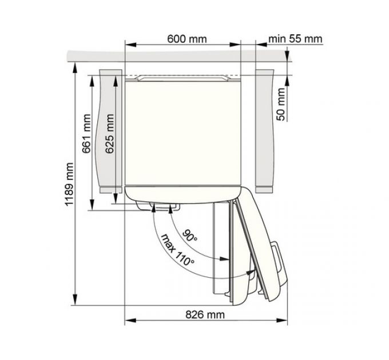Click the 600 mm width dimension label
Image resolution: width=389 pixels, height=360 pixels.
(187, 39)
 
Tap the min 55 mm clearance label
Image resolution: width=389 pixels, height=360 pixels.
(295, 39)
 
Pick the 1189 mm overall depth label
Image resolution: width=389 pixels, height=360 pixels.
(69, 185)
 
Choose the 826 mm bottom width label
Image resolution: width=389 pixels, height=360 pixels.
(205, 314)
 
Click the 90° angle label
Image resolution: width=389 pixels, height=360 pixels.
(190, 235)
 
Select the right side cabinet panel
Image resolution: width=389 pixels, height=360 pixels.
(266, 131)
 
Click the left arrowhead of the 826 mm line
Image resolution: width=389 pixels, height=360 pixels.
(128, 321)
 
